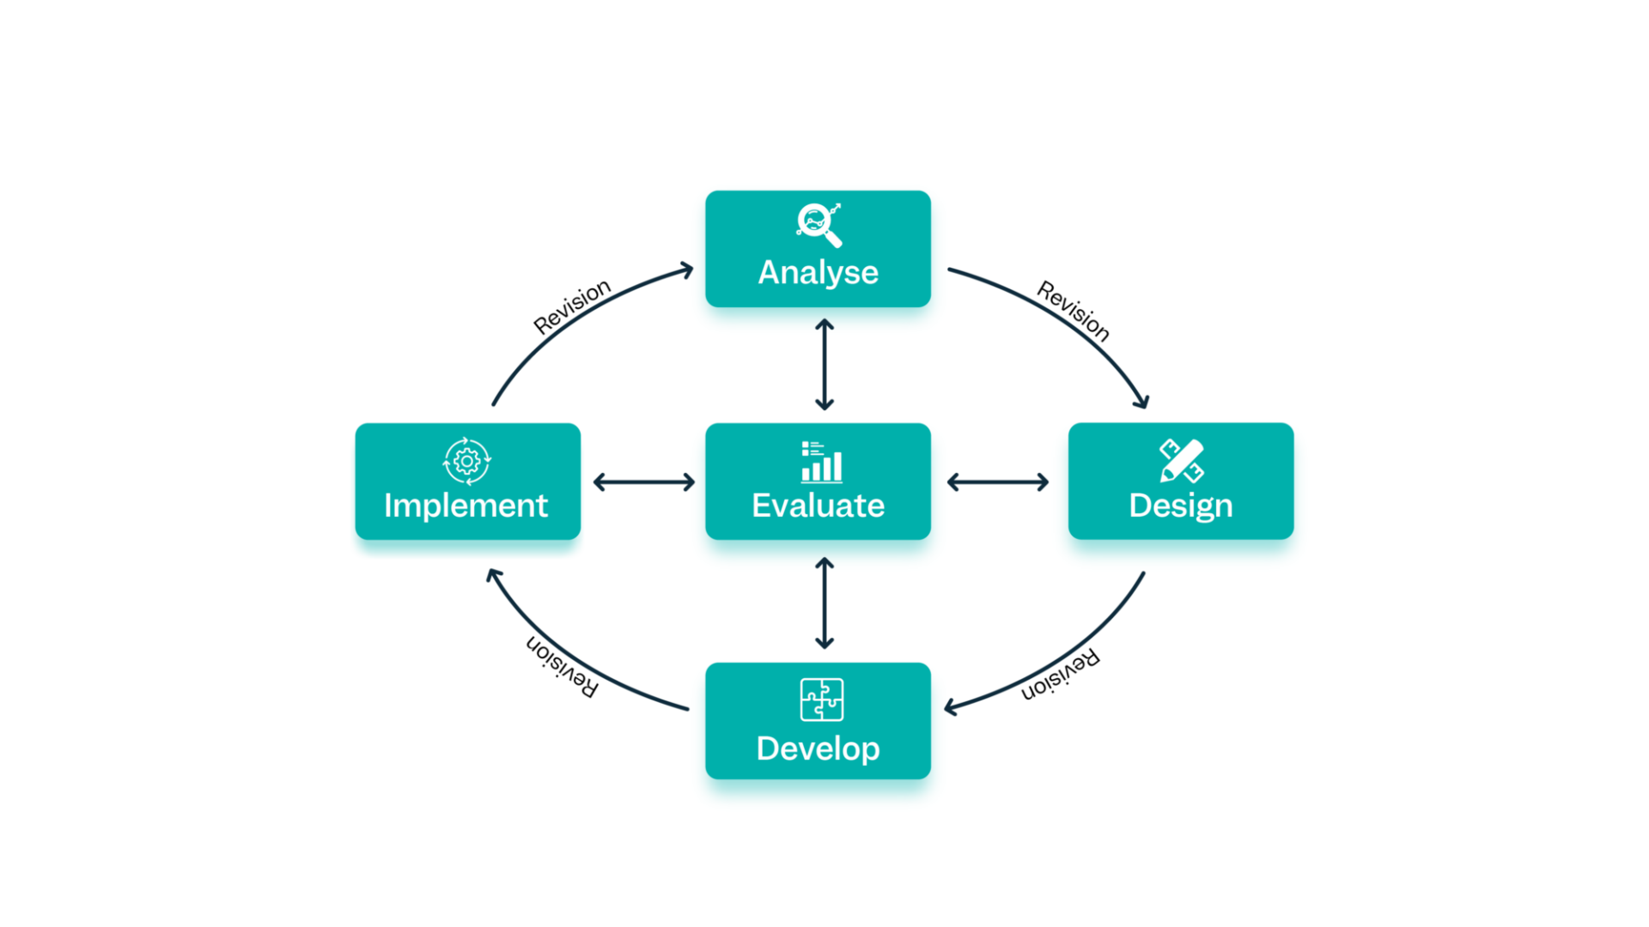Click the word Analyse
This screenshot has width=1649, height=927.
(818, 273)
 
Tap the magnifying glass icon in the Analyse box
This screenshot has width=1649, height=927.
(818, 225)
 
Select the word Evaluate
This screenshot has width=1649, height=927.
(818, 506)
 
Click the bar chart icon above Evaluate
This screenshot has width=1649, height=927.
(821, 462)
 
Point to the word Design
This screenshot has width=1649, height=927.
(1180, 506)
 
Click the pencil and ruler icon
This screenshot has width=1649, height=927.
(1181, 461)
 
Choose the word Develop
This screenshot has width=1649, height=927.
(818, 748)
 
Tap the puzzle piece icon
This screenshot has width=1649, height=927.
(821, 700)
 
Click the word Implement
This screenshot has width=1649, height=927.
(465, 506)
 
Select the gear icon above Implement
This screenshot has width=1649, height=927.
(466, 461)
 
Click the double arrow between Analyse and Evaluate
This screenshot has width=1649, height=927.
(824, 365)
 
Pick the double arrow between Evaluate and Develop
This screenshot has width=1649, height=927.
(824, 603)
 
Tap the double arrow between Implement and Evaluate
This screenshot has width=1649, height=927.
(644, 482)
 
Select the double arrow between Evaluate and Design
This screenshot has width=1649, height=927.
(998, 482)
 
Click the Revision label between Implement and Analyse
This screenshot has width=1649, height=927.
(572, 306)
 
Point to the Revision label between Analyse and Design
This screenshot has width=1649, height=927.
(1074, 311)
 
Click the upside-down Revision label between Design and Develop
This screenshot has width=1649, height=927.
(1060, 676)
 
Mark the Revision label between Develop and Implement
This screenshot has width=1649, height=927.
(562, 667)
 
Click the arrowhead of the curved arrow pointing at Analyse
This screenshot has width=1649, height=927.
(687, 270)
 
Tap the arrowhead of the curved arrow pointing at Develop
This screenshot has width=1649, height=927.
(950, 707)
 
